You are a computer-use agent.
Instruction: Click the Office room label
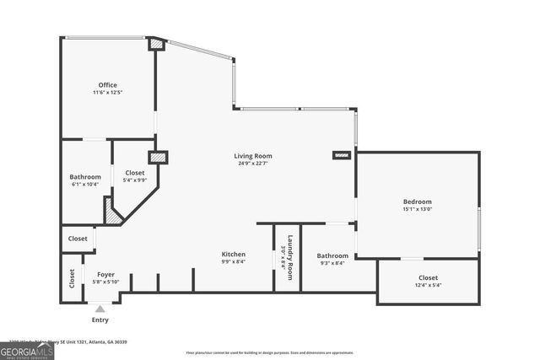(x=107, y=84)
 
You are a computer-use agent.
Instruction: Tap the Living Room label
(x=253, y=156)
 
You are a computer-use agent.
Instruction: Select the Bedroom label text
(x=417, y=201)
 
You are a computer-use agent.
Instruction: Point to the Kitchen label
(x=234, y=254)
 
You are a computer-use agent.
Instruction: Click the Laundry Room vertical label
(x=289, y=256)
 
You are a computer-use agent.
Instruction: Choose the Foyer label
(x=105, y=275)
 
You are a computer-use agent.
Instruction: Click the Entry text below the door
(x=100, y=320)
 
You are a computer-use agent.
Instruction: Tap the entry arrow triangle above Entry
(x=100, y=309)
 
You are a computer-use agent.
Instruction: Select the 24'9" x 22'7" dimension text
(x=253, y=164)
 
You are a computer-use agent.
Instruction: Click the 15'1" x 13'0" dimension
(x=417, y=209)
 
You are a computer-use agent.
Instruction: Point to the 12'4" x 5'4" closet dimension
(x=429, y=285)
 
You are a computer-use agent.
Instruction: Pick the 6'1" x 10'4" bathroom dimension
(x=85, y=184)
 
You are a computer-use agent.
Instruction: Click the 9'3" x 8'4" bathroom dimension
(x=332, y=263)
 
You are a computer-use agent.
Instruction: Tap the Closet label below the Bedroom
(x=429, y=277)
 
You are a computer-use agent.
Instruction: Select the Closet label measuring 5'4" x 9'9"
(x=135, y=172)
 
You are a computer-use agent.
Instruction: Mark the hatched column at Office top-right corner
(x=156, y=45)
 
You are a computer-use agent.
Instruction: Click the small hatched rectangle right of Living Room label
(x=341, y=156)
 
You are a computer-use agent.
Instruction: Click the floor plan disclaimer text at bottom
(x=269, y=352)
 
